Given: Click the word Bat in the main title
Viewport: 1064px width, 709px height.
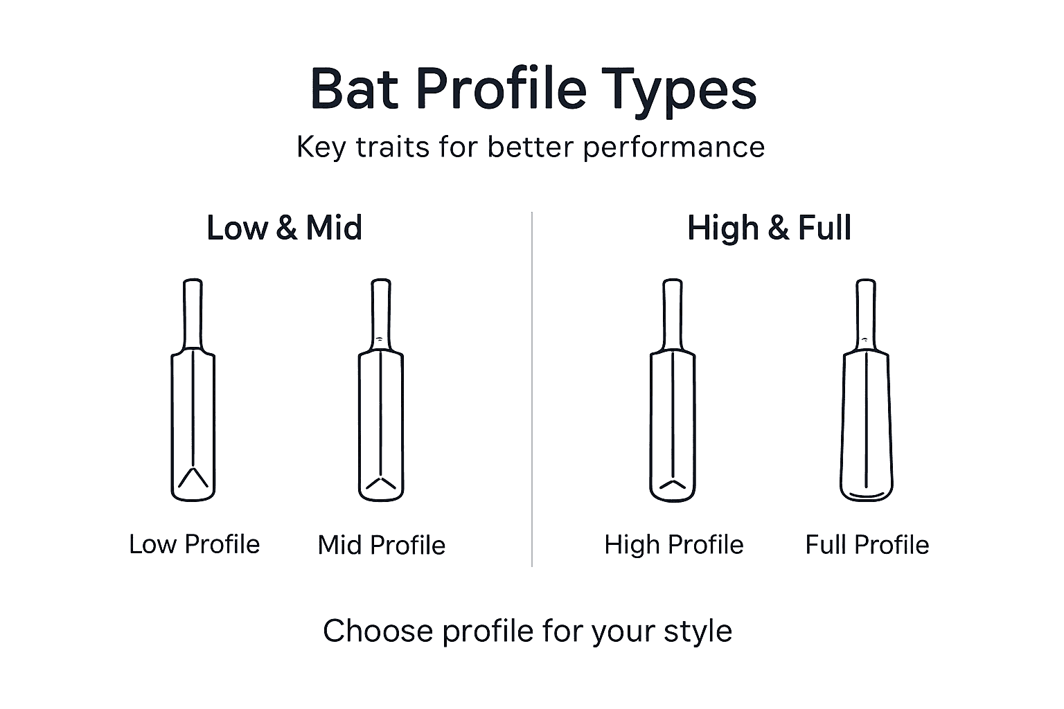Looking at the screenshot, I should pos(354,89).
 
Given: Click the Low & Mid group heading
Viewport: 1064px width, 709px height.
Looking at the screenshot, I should pos(284,228).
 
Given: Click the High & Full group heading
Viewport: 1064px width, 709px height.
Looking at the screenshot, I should pos(769,228).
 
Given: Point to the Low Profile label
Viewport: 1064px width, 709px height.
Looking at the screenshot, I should pos(194,544).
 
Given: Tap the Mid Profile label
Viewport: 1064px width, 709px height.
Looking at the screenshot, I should pos(381,545).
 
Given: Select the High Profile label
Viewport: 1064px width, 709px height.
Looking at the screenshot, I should pos(673,545).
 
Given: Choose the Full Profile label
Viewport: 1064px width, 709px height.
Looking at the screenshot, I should pos(867,545).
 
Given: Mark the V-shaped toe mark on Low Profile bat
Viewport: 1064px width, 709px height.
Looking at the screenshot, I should pos(193,477).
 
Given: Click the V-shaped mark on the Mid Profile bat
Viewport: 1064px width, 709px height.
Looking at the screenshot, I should pos(380,483).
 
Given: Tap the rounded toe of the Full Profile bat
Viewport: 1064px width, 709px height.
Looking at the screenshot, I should pos(867,493).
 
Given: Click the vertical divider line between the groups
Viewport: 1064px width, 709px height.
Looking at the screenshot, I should pos(532,388).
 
